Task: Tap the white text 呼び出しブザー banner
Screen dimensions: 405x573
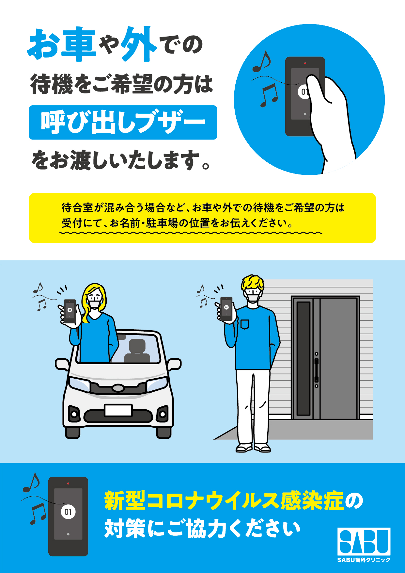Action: coord(123,122)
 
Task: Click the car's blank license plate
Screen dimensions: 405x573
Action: coord(118,410)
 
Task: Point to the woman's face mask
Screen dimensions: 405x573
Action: coord(94,304)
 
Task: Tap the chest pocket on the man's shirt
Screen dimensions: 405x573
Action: coord(245,324)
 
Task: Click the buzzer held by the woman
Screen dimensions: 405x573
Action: coord(70,311)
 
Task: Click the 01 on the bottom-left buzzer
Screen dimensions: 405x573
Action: coord(68,512)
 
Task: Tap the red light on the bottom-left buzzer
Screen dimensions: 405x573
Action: coord(68,483)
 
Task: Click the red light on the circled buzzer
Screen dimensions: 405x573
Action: coord(305,63)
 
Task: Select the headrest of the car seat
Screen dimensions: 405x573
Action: coord(137,346)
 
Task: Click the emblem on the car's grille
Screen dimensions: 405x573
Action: coord(118,388)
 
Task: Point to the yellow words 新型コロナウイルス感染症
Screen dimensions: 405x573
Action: coord(224,501)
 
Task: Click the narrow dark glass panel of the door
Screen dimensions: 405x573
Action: coord(303,358)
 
